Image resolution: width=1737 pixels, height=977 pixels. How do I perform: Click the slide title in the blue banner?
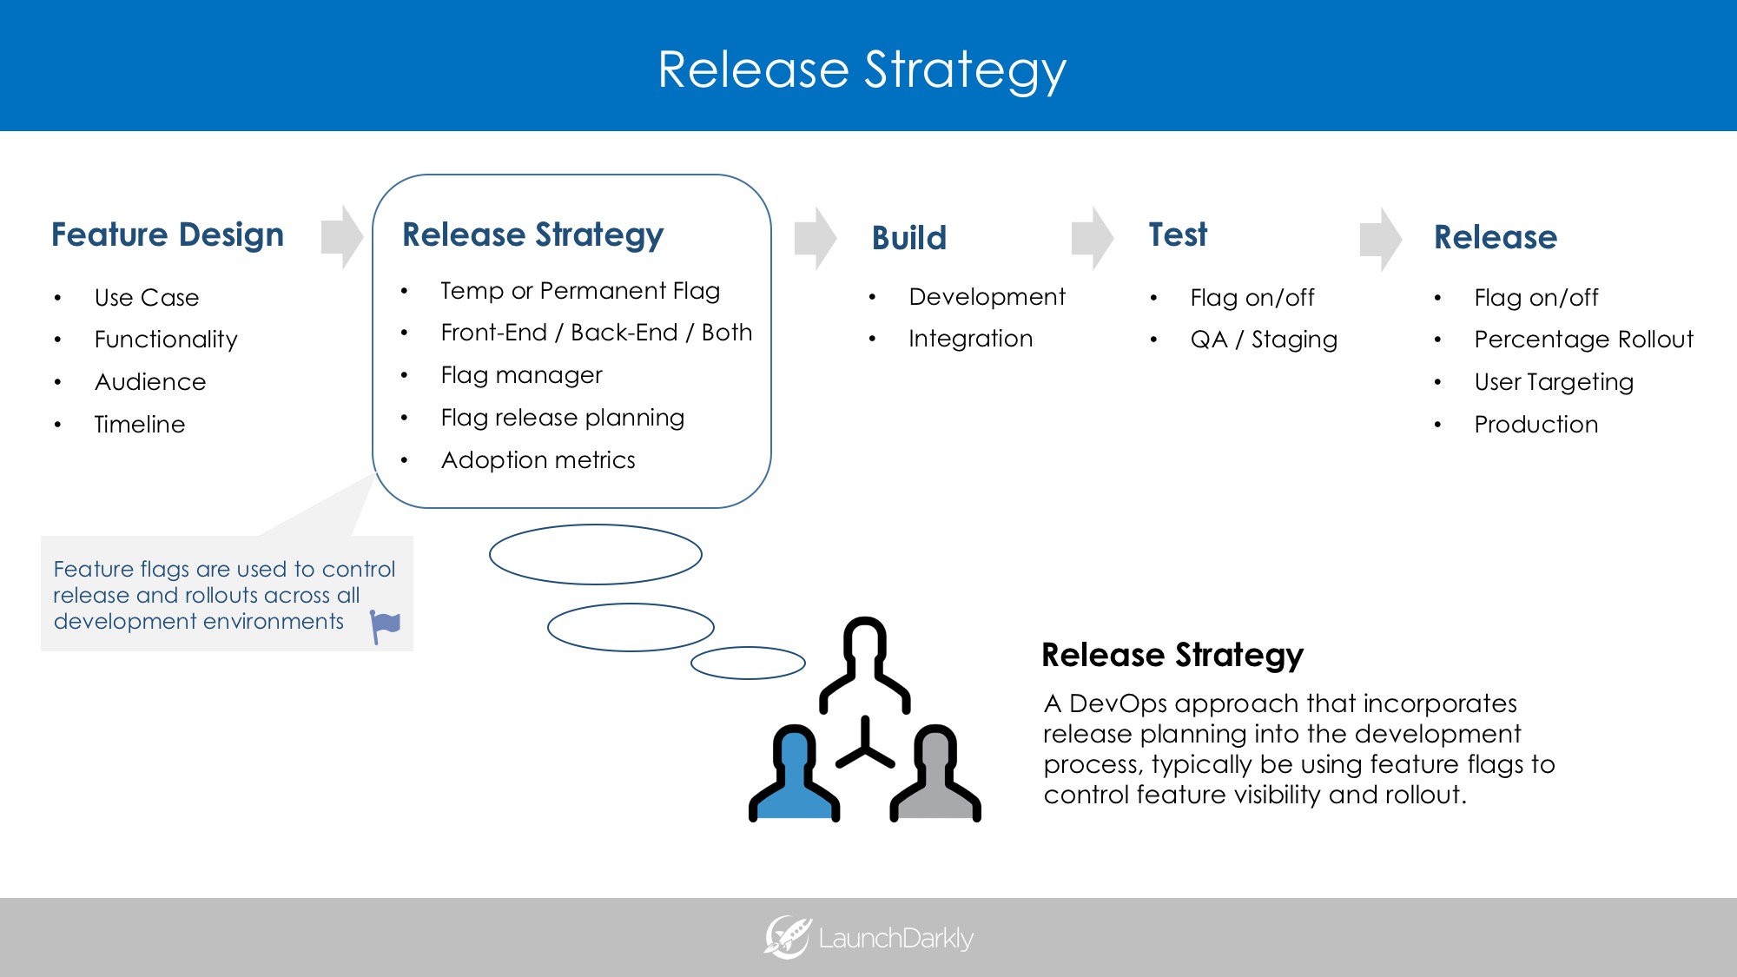[x=862, y=69]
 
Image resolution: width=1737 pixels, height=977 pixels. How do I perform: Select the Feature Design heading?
[x=168, y=235]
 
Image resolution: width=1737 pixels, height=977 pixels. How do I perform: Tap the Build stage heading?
[x=908, y=238]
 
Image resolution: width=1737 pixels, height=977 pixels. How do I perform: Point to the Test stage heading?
[x=1178, y=235]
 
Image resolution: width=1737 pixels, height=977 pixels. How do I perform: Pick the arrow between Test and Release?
[x=1380, y=239]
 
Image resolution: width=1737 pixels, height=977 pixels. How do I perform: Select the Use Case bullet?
[x=147, y=298]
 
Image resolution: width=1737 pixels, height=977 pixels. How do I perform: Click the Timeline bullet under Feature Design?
[x=140, y=425]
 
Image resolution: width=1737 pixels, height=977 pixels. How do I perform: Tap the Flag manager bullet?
[x=521, y=375]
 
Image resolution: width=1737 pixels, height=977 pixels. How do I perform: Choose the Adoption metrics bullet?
[x=538, y=460]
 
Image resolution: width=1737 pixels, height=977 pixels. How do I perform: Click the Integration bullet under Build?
[x=970, y=339]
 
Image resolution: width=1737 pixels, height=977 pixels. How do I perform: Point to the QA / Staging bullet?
[x=1264, y=340]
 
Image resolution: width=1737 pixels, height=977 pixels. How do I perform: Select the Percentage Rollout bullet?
[x=1583, y=340]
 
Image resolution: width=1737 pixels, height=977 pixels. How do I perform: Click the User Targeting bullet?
[x=1554, y=382]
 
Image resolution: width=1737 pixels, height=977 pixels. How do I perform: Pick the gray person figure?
[x=935, y=777]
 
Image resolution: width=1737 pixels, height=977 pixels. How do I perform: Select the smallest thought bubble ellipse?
[x=748, y=663]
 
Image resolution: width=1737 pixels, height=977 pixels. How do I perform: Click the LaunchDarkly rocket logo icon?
[x=787, y=938]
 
